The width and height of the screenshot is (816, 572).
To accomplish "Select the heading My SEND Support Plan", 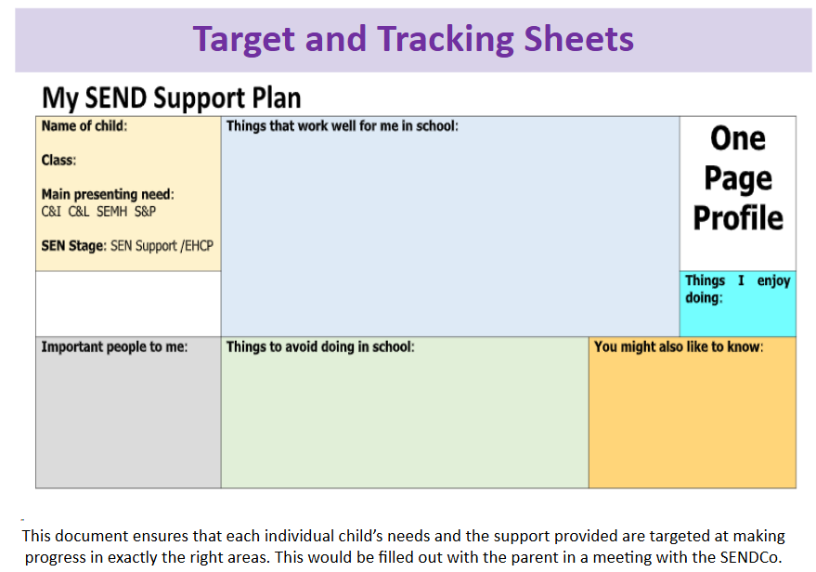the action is [x=171, y=97].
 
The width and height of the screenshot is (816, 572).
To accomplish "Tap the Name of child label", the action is [x=84, y=126].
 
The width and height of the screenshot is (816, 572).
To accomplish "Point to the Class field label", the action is [x=58, y=160].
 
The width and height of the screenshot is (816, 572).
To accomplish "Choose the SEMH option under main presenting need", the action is [x=111, y=212].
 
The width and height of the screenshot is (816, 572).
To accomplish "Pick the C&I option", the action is [x=51, y=212].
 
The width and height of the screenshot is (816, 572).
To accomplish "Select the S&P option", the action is [x=145, y=212].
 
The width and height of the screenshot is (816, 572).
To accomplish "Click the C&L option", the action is [x=79, y=212].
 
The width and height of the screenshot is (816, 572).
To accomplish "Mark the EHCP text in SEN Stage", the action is [x=199, y=246].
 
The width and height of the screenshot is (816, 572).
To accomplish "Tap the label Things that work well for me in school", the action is [x=342, y=126].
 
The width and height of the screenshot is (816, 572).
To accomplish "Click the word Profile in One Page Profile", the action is [x=738, y=218].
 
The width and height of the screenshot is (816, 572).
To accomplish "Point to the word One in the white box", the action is [x=738, y=138].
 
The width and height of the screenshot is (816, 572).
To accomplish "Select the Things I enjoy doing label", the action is [x=737, y=289].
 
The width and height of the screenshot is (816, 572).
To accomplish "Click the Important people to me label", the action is [x=114, y=346].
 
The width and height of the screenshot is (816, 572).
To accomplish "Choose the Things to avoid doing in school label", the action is [x=320, y=346].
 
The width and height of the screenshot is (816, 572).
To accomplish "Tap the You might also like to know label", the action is [x=679, y=346].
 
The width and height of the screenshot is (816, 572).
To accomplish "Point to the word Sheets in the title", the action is [x=578, y=39].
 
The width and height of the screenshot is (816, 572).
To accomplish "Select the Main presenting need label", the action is [x=108, y=194].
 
